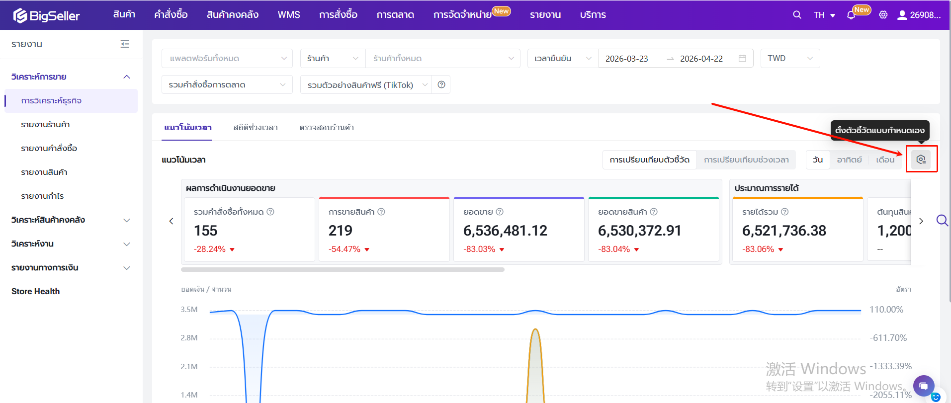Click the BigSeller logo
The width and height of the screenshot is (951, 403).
[46, 15]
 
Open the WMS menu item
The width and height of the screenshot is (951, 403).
[289, 15]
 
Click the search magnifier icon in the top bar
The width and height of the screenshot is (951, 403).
[797, 15]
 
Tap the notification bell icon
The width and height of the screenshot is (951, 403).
[851, 15]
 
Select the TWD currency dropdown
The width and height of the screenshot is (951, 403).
[790, 59]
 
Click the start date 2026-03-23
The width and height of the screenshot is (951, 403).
[626, 59]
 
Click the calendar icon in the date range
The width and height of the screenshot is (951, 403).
[742, 59]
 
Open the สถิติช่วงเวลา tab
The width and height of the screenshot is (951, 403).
[256, 128]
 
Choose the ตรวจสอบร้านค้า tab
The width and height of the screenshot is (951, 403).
[327, 128]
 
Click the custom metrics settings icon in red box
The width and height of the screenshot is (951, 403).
[921, 160]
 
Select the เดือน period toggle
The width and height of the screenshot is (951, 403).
[885, 160]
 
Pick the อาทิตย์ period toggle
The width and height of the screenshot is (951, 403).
[849, 160]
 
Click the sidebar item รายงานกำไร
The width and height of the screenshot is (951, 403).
[42, 196]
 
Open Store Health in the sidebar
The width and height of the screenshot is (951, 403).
[35, 291]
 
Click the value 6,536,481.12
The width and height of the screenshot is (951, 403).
[505, 231]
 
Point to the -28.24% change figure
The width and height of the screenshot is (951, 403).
[210, 249]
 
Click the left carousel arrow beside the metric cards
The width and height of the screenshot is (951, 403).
[171, 221]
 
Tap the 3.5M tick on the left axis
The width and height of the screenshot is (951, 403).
[189, 310]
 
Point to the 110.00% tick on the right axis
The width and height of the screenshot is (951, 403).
[886, 310]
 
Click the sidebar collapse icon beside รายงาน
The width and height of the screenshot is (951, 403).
[125, 44]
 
